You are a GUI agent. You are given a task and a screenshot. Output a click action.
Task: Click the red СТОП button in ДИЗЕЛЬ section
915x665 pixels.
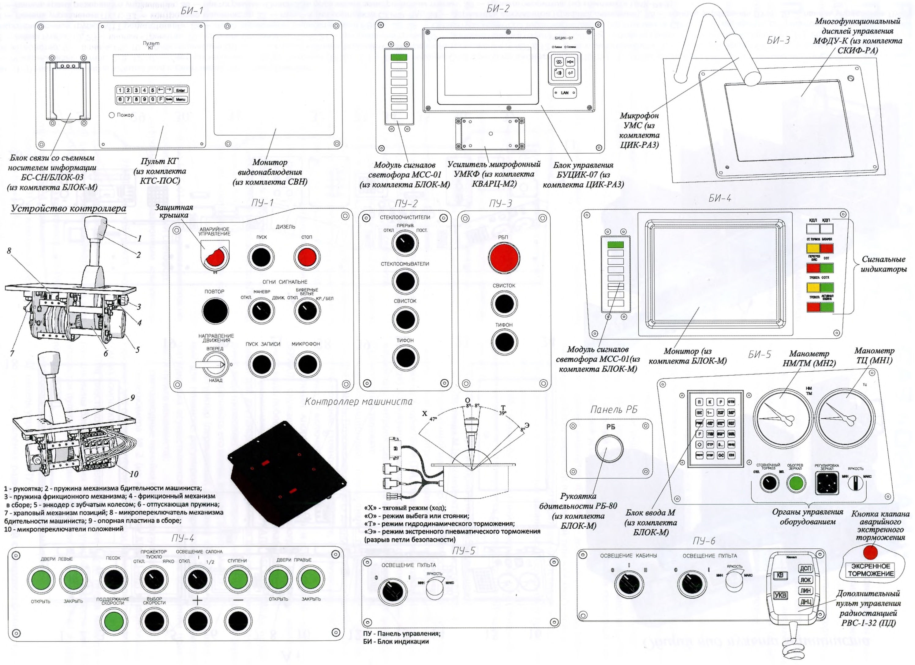click(307, 257)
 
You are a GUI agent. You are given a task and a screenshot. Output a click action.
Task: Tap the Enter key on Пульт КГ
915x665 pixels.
click(180, 90)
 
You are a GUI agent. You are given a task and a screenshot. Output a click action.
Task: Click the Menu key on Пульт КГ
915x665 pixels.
click(180, 99)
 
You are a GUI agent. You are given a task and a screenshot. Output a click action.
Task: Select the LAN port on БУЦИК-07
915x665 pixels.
click(564, 93)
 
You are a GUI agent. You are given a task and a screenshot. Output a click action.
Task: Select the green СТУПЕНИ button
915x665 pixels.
click(238, 580)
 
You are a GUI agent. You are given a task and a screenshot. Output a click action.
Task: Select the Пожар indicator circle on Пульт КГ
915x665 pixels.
click(112, 115)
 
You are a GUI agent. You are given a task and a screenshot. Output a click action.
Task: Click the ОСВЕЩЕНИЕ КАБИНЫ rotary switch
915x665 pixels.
click(629, 584)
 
